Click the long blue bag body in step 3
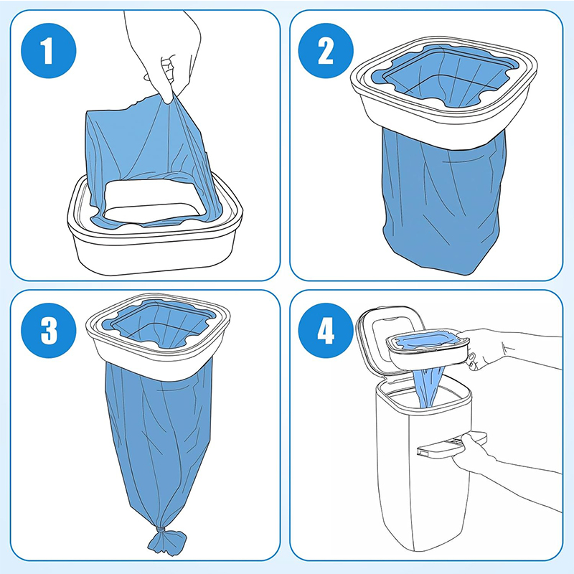154,445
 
